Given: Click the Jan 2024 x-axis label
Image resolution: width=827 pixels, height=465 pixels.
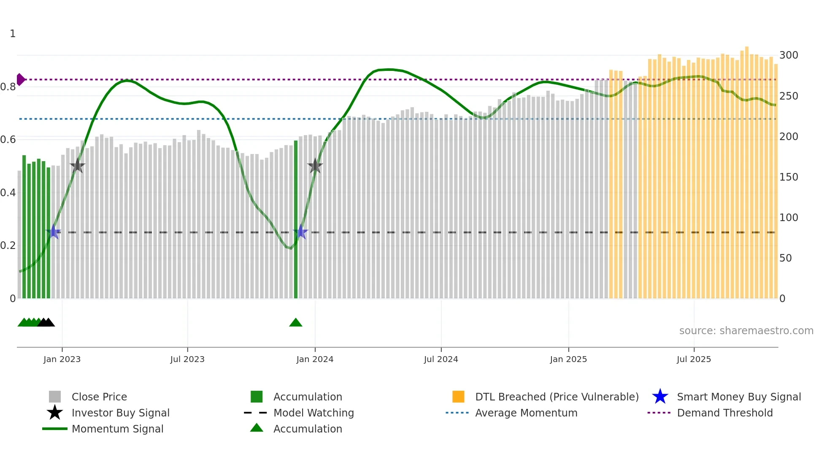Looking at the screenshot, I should [x=315, y=359].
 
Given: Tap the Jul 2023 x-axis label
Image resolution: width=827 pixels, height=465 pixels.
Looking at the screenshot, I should [x=187, y=359].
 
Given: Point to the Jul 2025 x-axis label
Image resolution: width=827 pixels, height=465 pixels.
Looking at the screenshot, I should [x=694, y=359].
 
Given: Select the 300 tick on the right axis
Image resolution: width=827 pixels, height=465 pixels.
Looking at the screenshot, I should [x=789, y=55].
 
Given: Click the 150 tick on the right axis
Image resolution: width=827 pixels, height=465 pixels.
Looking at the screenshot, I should [x=789, y=177].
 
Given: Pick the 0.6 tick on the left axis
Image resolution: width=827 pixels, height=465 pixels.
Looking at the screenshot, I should [x=8, y=140].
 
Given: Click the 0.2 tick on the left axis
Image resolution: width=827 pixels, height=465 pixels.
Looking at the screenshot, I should [x=8, y=246].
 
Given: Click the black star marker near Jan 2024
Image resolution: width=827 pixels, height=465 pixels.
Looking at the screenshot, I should [x=315, y=166].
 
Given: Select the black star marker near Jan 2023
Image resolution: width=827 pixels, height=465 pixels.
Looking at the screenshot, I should [x=77, y=165].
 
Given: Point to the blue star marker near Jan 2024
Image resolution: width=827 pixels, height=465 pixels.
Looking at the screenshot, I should [x=300, y=232].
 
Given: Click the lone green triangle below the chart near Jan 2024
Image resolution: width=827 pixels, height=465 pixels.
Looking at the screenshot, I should [x=296, y=323].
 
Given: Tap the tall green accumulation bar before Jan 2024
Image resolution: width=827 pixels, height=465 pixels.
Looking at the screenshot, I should [x=296, y=219].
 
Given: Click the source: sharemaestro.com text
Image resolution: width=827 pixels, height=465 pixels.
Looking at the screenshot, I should [x=746, y=331].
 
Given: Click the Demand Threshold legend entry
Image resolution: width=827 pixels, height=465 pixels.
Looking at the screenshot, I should [x=724, y=413].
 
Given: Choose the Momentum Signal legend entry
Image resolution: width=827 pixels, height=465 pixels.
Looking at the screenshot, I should [x=117, y=429].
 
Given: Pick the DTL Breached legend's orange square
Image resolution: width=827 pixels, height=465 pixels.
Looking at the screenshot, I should [x=458, y=397].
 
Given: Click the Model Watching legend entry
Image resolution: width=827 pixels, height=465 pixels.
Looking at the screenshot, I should [x=313, y=413].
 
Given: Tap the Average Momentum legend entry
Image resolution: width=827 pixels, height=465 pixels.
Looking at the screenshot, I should [x=526, y=413].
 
